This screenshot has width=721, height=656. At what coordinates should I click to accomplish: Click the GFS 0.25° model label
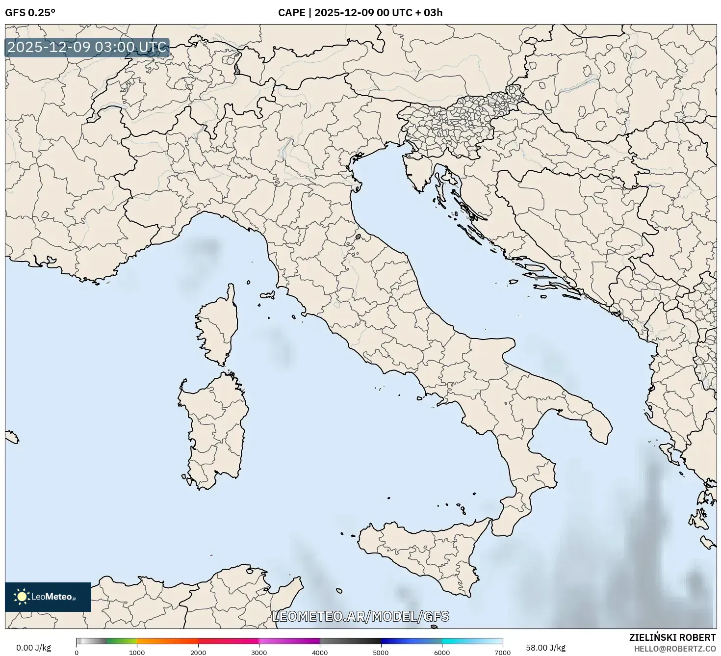point(30,13)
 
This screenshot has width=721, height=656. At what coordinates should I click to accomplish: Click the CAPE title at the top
point(360,13)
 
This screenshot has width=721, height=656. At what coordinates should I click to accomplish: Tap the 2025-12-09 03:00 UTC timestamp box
point(87,48)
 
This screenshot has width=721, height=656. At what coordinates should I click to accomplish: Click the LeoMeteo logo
point(48,597)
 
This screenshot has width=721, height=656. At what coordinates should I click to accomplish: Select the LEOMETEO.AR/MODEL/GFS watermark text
point(360,616)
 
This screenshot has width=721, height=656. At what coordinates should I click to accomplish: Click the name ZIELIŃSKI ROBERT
point(672,637)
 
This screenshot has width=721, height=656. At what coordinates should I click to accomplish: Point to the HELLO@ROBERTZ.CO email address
point(674,648)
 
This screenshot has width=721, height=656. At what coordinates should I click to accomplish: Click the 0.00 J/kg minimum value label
point(33,648)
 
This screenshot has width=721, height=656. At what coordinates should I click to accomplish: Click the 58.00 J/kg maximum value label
point(545,648)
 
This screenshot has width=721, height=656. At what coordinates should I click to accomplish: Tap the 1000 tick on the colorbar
point(137,652)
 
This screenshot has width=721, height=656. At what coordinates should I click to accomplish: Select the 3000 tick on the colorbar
point(259,652)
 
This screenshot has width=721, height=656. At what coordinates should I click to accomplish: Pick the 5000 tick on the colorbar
point(381,652)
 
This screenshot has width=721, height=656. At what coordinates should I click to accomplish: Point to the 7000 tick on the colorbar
point(503,652)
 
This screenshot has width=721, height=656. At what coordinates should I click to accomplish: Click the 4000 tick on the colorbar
point(320,652)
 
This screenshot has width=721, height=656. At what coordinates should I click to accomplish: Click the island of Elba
point(268,295)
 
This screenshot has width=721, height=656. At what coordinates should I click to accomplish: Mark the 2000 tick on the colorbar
point(198,652)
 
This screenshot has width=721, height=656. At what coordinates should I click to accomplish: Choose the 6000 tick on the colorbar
point(442,652)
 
